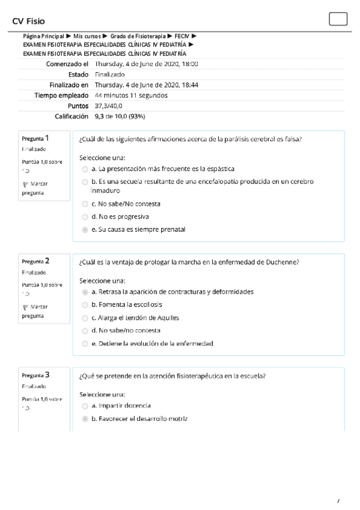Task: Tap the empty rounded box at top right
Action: click(x=338, y=19)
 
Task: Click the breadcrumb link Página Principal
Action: click(x=43, y=37)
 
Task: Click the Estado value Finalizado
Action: click(x=110, y=75)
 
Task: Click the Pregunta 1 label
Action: click(x=35, y=138)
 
